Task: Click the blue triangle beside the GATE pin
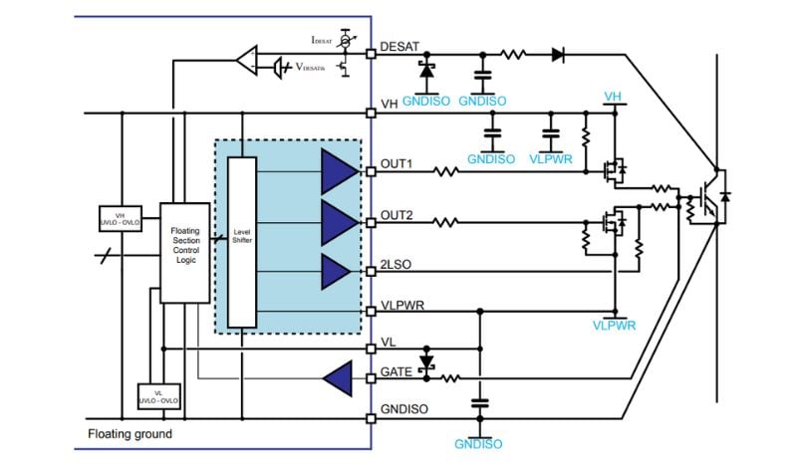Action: [338, 376]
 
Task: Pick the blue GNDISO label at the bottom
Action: [479, 444]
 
